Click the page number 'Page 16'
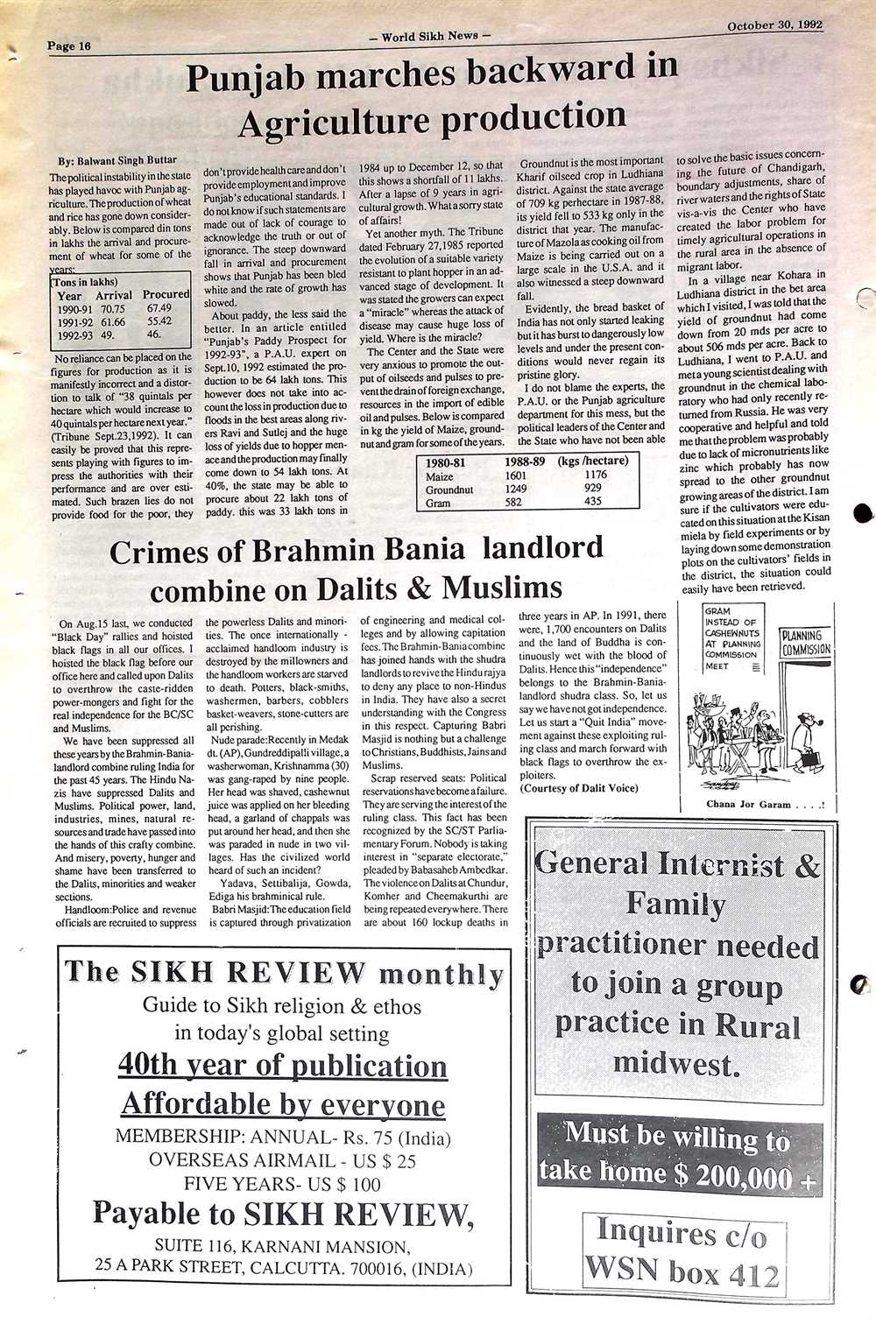69,46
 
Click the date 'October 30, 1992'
774,25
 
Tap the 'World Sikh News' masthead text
431,36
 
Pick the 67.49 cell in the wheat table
159,308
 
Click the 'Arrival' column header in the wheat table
114,295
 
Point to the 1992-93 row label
76,334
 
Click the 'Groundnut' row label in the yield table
449,489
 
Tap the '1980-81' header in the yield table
450,461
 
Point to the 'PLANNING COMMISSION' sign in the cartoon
805,643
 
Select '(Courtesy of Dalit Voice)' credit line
578,788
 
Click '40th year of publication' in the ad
282,1066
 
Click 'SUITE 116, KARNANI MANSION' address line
281,1246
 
